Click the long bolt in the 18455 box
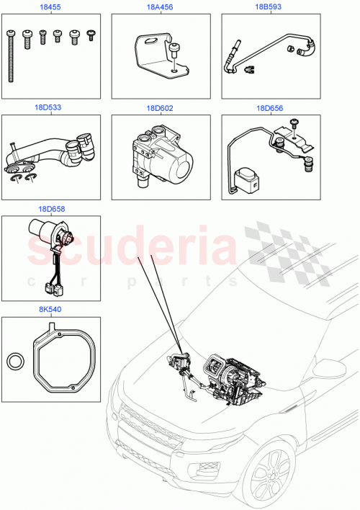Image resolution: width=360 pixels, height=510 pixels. tap(13, 58)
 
